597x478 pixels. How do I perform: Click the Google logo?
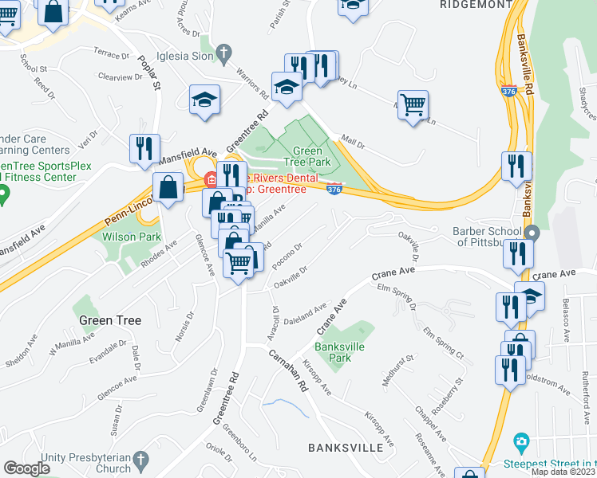point(27,468)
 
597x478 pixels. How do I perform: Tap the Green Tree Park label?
point(307,156)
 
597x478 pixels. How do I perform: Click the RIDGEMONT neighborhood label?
point(475,4)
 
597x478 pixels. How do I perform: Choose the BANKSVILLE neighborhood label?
point(346,448)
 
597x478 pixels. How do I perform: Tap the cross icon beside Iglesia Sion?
point(224,53)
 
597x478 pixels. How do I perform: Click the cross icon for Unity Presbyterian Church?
point(140,460)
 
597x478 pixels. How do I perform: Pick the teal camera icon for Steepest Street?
point(521,441)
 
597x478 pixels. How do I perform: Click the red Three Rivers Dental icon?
point(210,178)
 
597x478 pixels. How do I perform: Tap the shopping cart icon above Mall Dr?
point(413,104)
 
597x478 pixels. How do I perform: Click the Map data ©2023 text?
point(563,472)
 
